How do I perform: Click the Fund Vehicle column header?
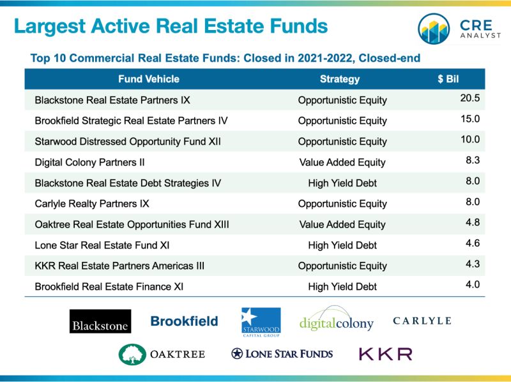pyautogui.click(x=149, y=79)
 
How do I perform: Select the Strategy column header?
pyautogui.click(x=340, y=79)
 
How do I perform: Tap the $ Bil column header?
pyautogui.click(x=448, y=79)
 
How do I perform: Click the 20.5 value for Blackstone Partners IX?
pyautogui.click(x=470, y=98)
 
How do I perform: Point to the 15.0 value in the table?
pyautogui.click(x=470, y=119)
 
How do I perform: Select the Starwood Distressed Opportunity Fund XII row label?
pyautogui.click(x=128, y=142)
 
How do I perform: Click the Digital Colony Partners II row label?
pyautogui.click(x=89, y=162)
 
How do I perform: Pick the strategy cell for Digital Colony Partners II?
pyautogui.click(x=342, y=162)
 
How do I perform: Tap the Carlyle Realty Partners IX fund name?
pyautogui.click(x=92, y=204)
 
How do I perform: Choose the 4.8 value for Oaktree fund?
pyautogui.click(x=473, y=222)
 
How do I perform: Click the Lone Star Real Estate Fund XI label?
pyautogui.click(x=102, y=245)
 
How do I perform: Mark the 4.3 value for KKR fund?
pyautogui.click(x=473, y=264)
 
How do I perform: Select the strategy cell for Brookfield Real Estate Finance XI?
pyautogui.click(x=342, y=286)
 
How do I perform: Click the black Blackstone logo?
pyautogui.click(x=100, y=321)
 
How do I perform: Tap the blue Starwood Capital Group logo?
pyautogui.click(x=261, y=322)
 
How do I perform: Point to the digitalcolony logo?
pyautogui.click(x=337, y=319)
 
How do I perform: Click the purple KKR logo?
pyautogui.click(x=386, y=354)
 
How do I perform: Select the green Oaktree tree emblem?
pyautogui.click(x=132, y=355)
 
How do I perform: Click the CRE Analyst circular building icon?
pyautogui.click(x=434, y=29)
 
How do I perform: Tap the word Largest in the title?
pyautogui.click(x=50, y=26)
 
